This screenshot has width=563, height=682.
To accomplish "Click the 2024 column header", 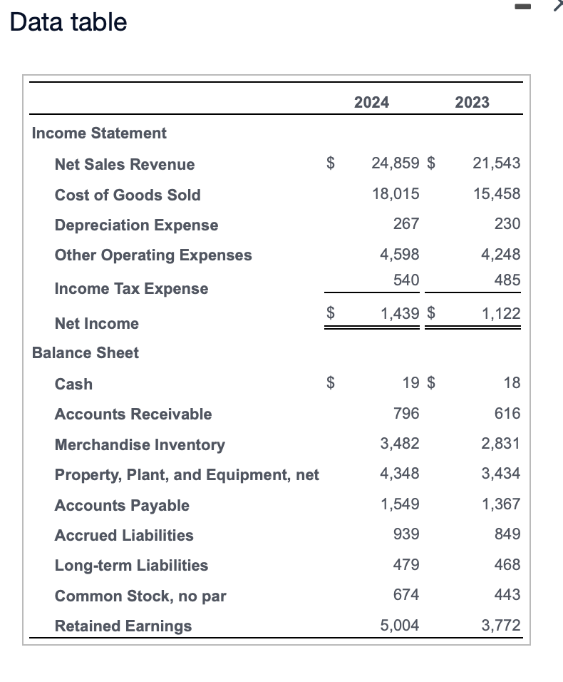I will pos(371,102).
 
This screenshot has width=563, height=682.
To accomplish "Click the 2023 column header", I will pos(472,102).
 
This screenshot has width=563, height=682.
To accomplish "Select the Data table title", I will pos(68,22).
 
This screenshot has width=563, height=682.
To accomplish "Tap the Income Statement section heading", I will pos(99,133).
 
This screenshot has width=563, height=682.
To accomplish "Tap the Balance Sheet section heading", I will pos(86,352).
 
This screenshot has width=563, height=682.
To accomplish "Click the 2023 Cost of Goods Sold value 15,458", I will pos(496,193).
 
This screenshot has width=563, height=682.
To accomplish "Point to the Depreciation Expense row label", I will pos(136,225).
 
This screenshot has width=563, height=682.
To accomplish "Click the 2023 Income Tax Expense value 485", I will pos(507,280).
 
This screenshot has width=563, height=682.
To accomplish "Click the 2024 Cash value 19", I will pos(410,383).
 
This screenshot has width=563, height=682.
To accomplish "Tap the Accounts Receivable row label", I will pos(133,414).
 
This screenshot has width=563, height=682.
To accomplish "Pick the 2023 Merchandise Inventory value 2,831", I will pos(500,444).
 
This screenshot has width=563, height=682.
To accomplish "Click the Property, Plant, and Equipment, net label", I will pos(187,474).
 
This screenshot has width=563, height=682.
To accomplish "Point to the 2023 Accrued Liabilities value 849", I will pos(507,534).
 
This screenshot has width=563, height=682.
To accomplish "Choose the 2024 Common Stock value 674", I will pos(406,594).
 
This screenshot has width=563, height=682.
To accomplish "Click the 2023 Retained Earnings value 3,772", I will pos(500,626).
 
